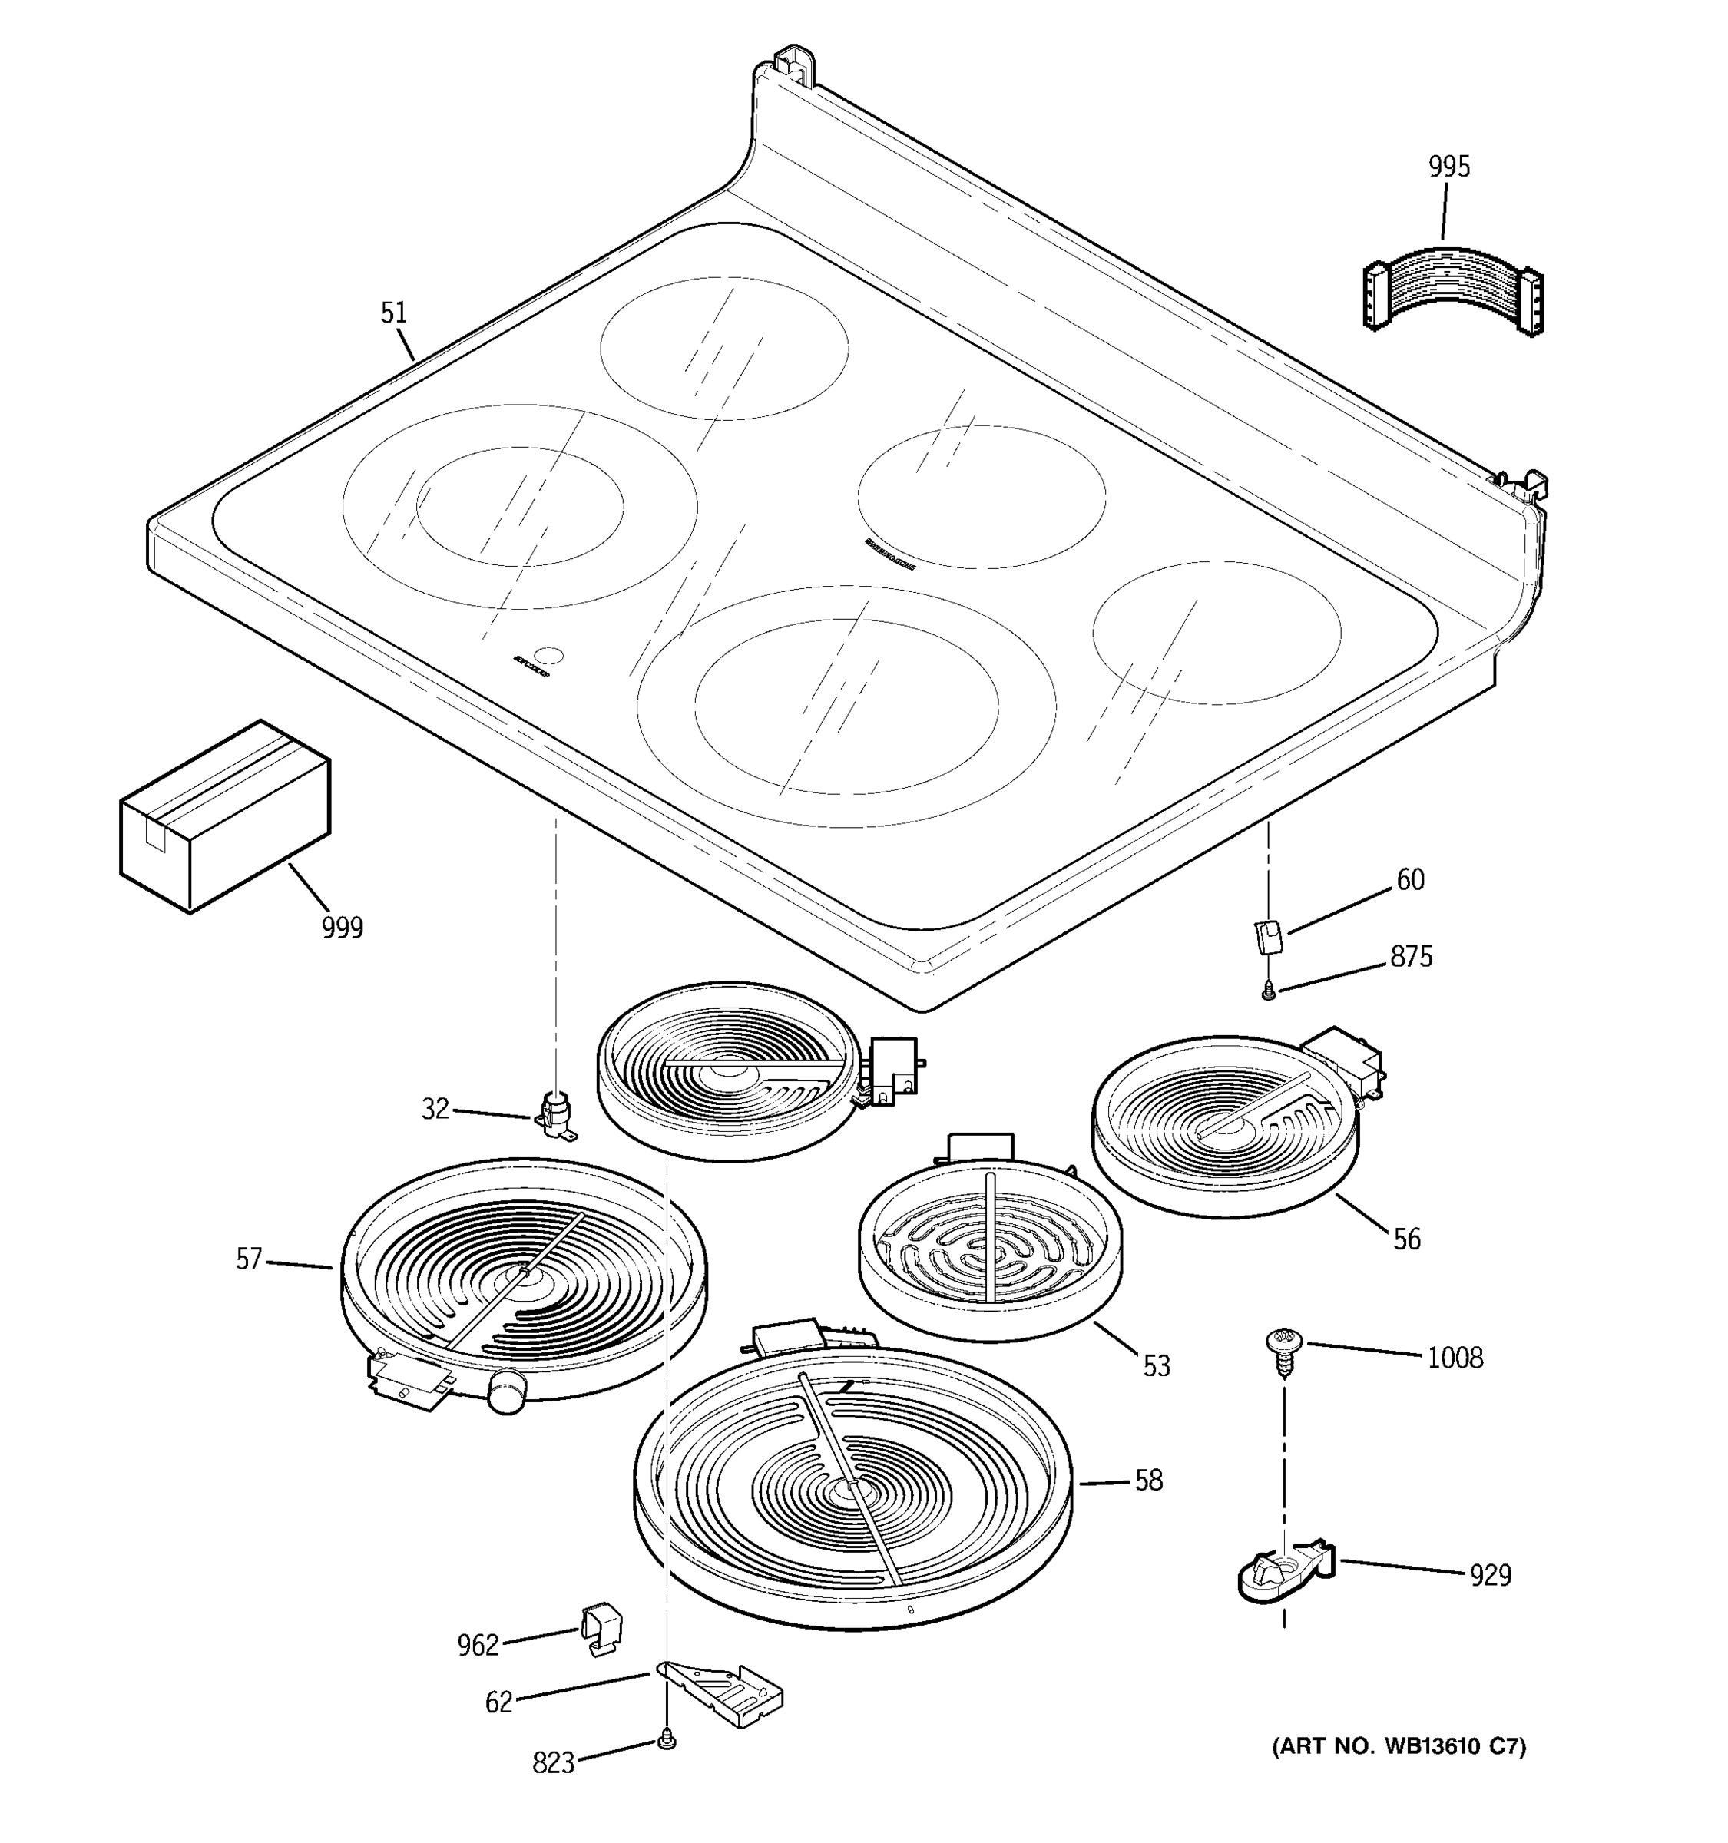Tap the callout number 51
(x=394, y=313)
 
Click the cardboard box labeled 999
(x=224, y=817)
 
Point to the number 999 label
(x=342, y=927)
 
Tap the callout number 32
(x=435, y=1109)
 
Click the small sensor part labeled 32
(x=556, y=1113)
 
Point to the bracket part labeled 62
(x=723, y=1692)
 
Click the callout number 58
(x=1149, y=1481)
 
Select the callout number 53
(x=1156, y=1365)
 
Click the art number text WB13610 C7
(x=1399, y=1746)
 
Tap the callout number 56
(x=1406, y=1239)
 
